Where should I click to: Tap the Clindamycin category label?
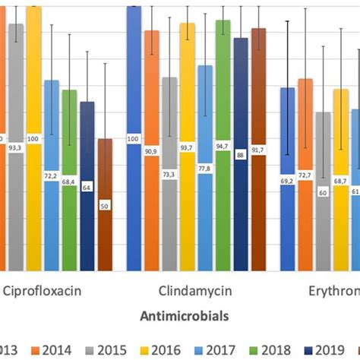(197, 292)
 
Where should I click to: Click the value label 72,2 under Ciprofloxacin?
(52, 175)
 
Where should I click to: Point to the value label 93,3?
(15, 147)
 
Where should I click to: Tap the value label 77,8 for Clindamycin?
(205, 168)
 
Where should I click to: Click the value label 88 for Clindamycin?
(241, 154)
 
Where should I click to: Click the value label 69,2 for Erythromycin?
(287, 181)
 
